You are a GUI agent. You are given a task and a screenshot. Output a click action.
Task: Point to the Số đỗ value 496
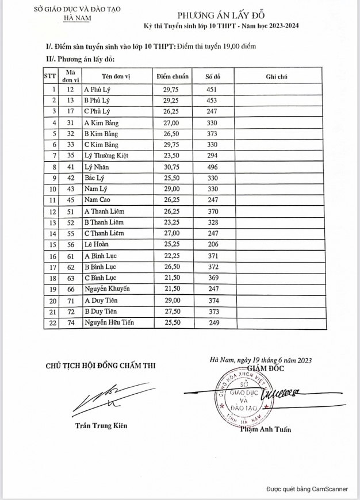213,167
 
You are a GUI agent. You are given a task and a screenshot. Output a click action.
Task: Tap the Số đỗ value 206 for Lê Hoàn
213,244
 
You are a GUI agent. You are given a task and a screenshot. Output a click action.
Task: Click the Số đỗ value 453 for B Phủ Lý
213,101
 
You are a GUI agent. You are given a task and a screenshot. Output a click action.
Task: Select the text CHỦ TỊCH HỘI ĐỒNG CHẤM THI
101,365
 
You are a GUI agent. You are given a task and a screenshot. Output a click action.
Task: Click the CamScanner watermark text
307,489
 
